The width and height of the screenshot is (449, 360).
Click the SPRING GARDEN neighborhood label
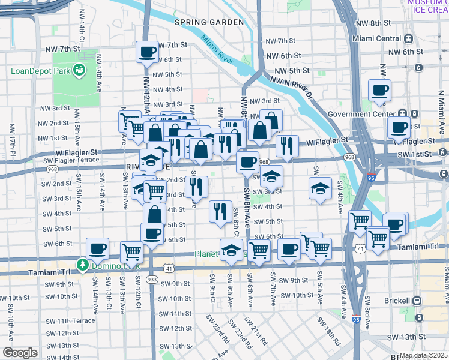click(x=209, y=22)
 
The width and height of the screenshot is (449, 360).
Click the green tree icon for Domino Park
click(x=82, y=265)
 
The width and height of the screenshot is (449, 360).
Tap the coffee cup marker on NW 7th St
click(x=147, y=52)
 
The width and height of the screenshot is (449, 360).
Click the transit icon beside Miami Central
click(x=408, y=38)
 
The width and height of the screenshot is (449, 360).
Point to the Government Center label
click(x=363, y=114)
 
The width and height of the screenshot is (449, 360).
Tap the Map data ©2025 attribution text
click(x=423, y=355)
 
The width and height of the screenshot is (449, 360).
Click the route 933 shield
click(x=152, y=280)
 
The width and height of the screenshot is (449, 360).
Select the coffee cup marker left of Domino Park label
click(x=97, y=248)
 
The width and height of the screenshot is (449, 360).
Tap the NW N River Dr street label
click(x=292, y=86)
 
